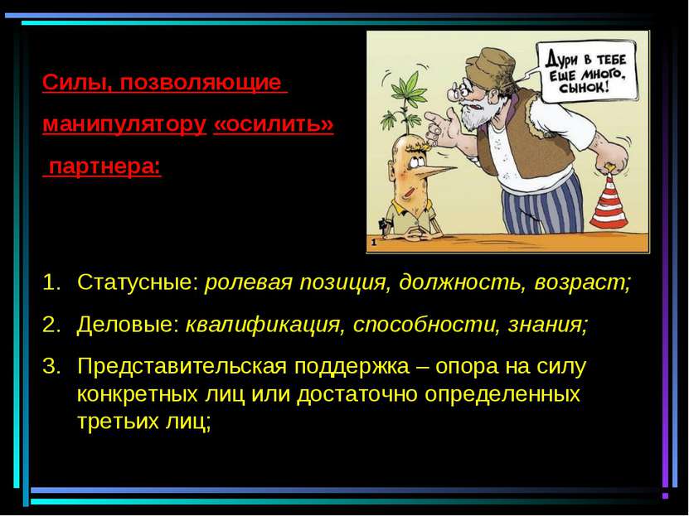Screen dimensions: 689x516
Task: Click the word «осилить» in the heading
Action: tap(274, 124)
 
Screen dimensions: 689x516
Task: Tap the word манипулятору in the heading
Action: tap(124, 125)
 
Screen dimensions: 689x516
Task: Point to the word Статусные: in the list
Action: tap(138, 282)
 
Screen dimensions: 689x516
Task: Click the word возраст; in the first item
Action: tap(583, 283)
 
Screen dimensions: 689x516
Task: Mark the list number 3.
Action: tap(51, 366)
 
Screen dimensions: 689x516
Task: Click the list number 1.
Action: tap(51, 282)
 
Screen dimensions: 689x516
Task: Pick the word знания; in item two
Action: tap(547, 325)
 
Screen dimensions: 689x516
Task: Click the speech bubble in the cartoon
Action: tap(587, 71)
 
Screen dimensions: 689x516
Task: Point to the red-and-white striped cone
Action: tap(609, 202)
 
